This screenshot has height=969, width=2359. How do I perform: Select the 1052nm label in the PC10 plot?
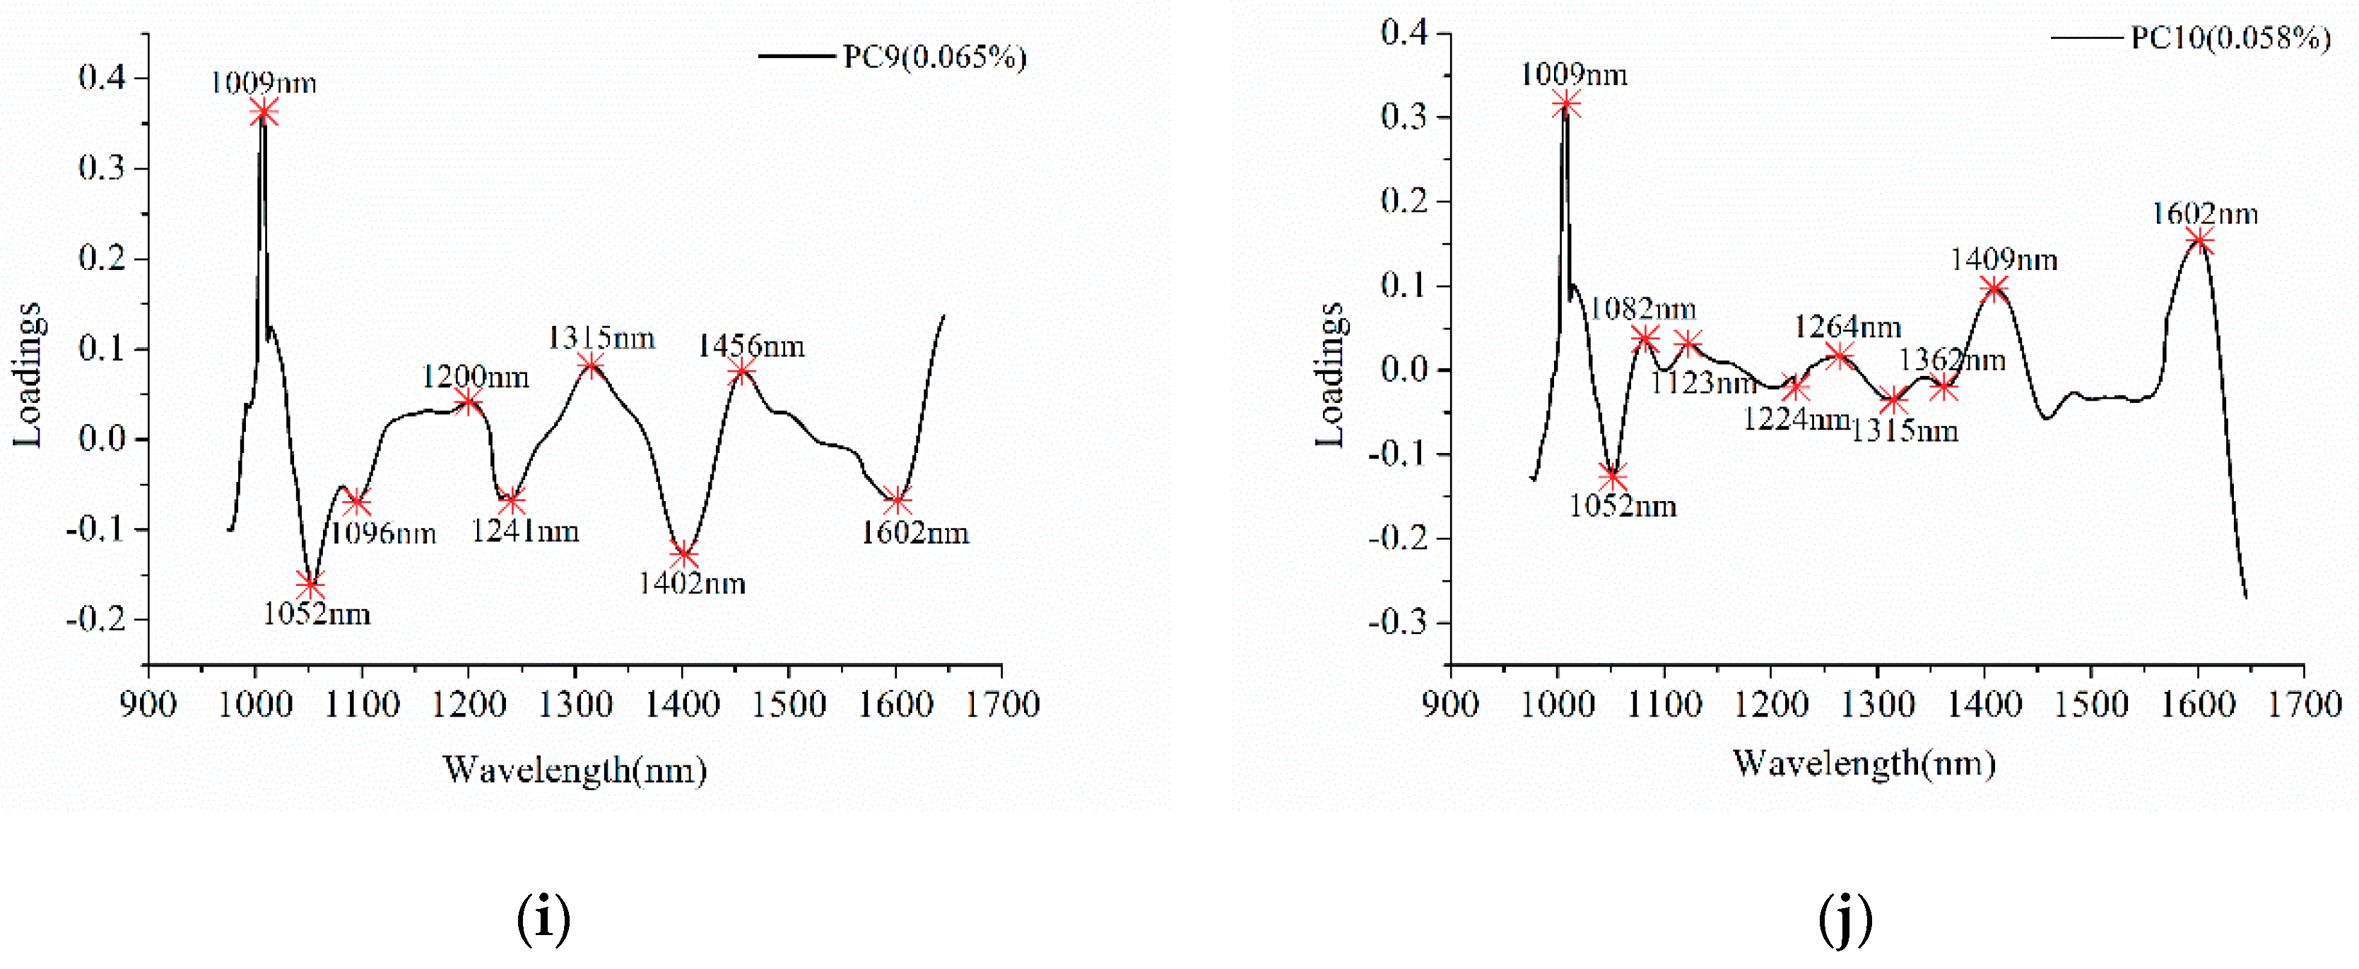point(1622,505)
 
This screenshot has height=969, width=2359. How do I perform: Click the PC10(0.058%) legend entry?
point(2229,37)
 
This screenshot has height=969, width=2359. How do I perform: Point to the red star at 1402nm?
point(682,554)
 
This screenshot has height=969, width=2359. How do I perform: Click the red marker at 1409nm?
point(1994,288)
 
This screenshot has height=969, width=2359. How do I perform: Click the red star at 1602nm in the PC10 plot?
point(2199,241)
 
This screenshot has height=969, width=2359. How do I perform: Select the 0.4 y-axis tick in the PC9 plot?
point(102,77)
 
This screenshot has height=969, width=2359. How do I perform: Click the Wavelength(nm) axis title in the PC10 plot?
point(1864,763)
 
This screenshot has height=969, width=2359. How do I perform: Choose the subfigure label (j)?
point(1845,919)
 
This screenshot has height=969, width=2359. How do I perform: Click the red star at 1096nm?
point(356,503)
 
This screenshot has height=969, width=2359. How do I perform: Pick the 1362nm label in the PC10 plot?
point(1951,360)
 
